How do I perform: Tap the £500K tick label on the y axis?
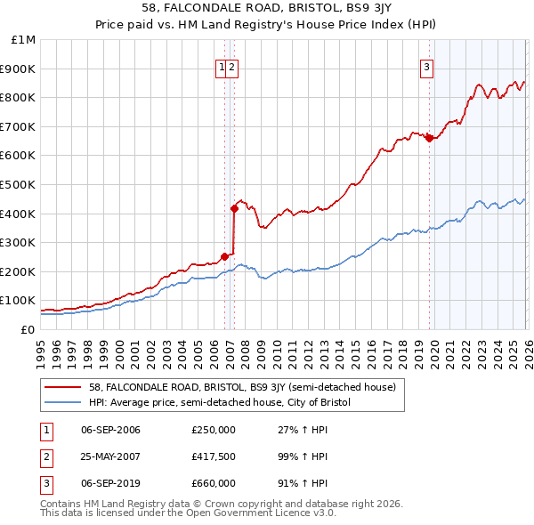(20, 184)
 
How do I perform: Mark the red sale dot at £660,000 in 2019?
(429, 138)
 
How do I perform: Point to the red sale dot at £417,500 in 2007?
(235, 208)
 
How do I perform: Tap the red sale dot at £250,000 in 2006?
(224, 256)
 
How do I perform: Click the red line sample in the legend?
(63, 387)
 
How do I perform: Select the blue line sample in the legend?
(63, 402)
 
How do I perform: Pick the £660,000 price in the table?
(213, 483)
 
